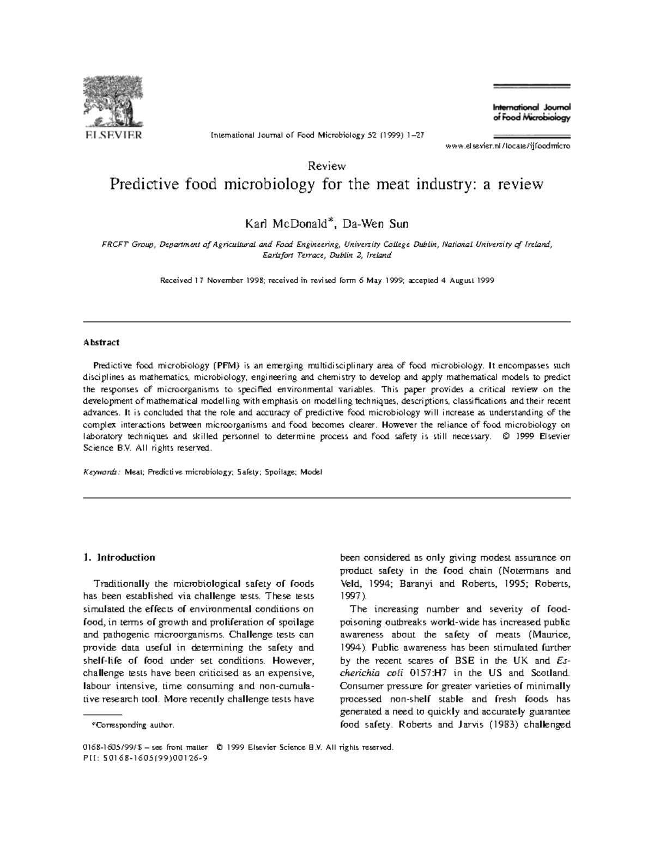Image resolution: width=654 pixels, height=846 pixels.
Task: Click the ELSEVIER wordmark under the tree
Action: [112, 134]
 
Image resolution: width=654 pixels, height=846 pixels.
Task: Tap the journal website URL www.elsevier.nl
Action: [507, 147]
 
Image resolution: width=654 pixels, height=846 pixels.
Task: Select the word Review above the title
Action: [327, 166]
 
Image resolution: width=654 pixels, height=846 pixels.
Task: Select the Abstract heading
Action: [101, 343]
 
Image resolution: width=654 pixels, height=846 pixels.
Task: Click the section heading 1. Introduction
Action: [119, 557]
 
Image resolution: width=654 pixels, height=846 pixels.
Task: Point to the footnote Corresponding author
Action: [132, 725]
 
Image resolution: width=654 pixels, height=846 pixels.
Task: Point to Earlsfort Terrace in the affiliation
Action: [294, 255]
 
